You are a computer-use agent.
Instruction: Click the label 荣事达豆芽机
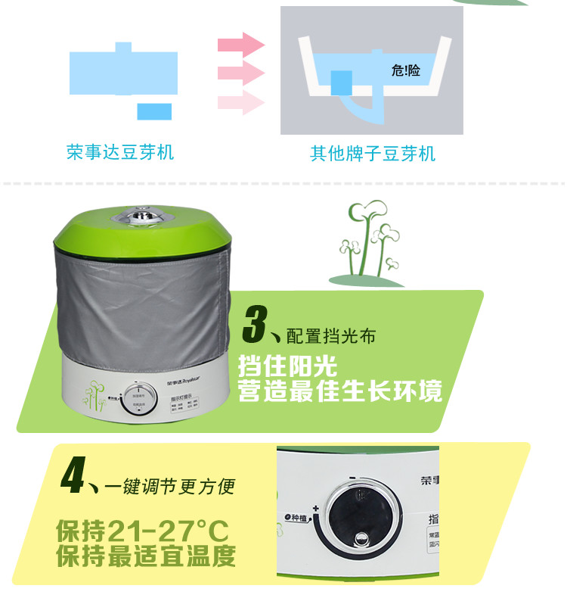pyautogui.click(x=120, y=152)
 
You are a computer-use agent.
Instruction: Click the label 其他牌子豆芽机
pyautogui.click(x=373, y=154)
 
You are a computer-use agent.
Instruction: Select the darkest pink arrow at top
pyautogui.click(x=241, y=45)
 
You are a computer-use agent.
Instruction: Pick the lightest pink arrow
pyautogui.click(x=241, y=102)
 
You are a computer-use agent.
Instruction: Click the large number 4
pyautogui.click(x=75, y=475)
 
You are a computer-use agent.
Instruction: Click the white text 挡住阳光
pyautogui.click(x=287, y=367)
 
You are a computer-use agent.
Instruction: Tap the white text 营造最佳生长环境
pyautogui.click(x=339, y=392)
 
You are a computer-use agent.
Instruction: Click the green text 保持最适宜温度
pyautogui.click(x=146, y=556)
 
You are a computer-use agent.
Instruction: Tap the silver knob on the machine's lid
pyautogui.click(x=142, y=217)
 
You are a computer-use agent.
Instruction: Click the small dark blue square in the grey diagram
pyautogui.click(x=342, y=82)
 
